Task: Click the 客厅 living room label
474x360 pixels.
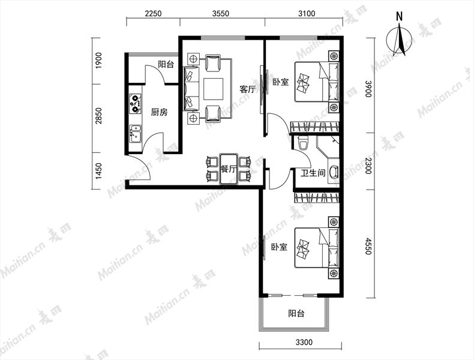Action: [247, 89]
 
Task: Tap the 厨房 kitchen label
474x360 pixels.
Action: [160, 112]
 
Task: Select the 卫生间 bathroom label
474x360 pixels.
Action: [313, 173]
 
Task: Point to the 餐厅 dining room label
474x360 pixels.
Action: [229, 169]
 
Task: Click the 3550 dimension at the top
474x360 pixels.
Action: [221, 14]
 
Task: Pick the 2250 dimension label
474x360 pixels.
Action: [153, 14]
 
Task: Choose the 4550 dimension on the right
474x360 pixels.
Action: [368, 246]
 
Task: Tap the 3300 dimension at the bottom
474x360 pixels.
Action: [304, 342]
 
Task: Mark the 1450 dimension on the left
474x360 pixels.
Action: [98, 172]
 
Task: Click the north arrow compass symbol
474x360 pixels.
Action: [400, 38]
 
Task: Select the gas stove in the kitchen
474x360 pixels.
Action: [135, 104]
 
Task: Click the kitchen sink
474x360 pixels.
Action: [136, 134]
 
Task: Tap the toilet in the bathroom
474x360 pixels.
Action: [303, 143]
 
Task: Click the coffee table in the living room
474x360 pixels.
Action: [214, 89]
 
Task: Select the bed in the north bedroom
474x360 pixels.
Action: [317, 82]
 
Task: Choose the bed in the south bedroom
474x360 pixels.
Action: [317, 247]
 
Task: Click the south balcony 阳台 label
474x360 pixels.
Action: [296, 313]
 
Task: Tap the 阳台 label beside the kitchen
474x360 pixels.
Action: [166, 64]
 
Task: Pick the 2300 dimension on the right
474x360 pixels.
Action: [368, 166]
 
